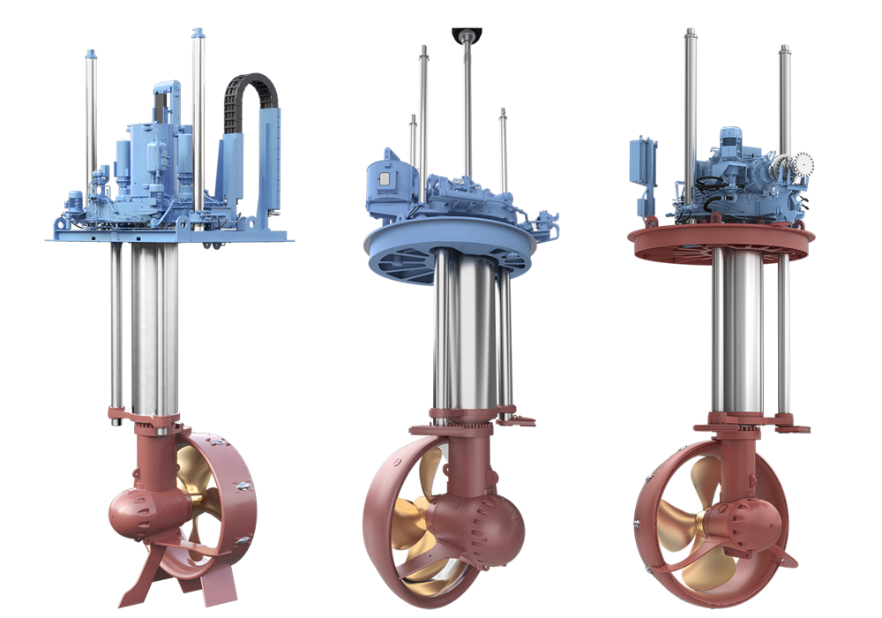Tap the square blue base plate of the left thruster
click(x=168, y=236)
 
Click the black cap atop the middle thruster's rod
click(x=466, y=34)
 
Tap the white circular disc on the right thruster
click(x=802, y=163)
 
